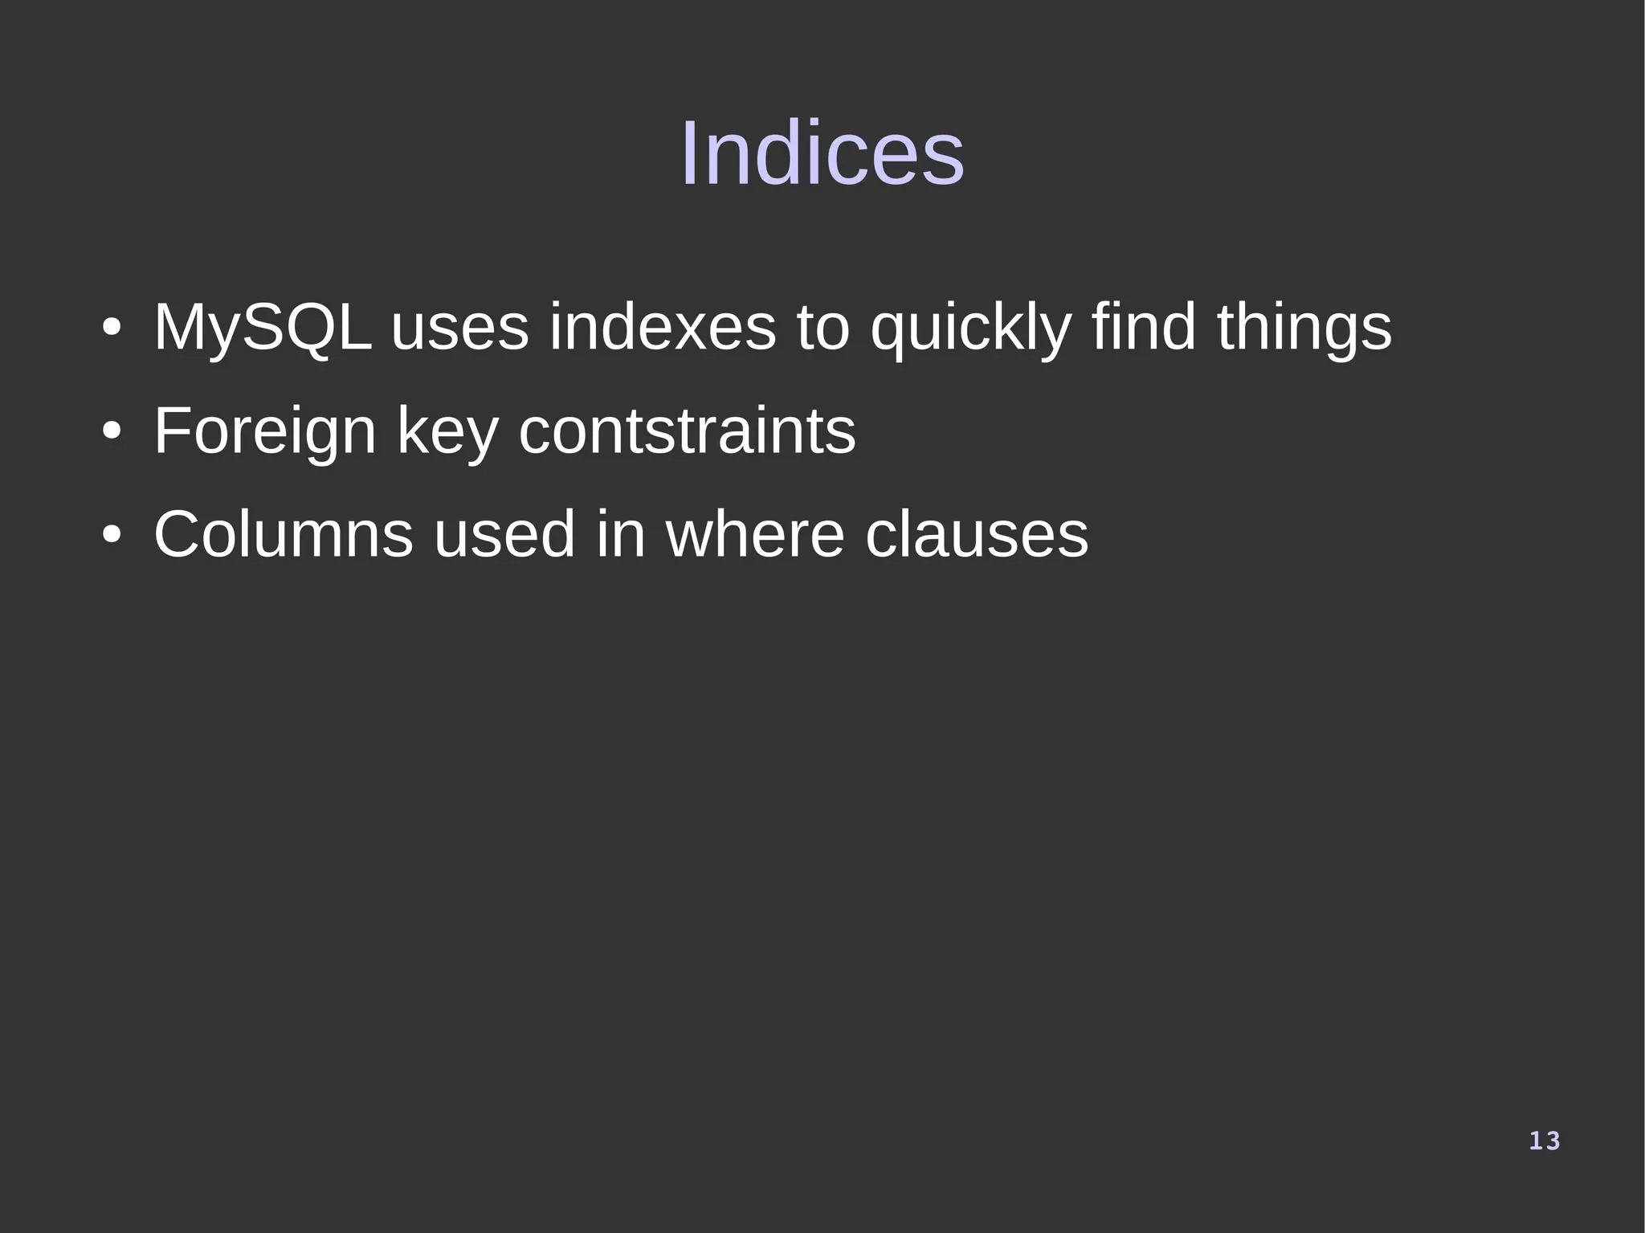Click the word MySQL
tap(263, 328)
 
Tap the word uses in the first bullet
tap(459, 328)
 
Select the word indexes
tap(663, 328)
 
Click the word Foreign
tap(264, 432)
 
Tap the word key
tap(447, 432)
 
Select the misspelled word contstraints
tap(687, 431)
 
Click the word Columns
tap(284, 534)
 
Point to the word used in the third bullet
tap(504, 534)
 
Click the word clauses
tap(976, 534)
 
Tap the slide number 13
tap(1544, 1141)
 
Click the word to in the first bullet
tap(822, 328)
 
